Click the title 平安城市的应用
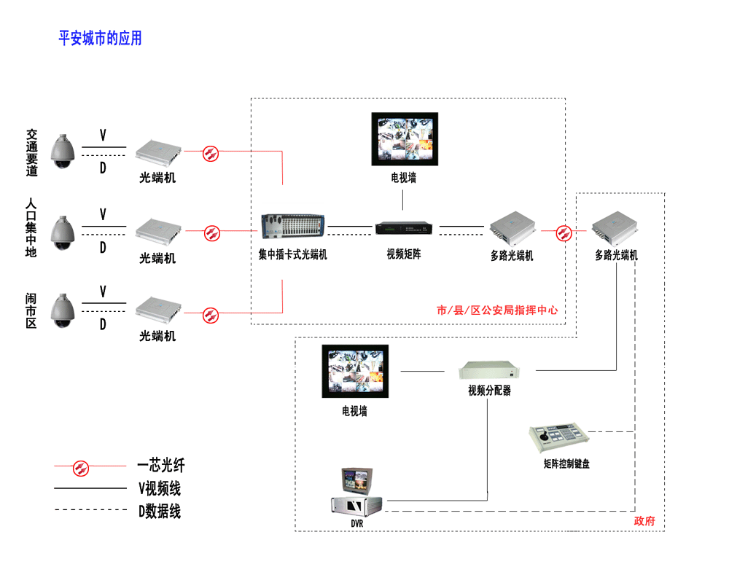pos(100,38)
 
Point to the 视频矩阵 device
pos(405,228)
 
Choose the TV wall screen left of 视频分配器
pos(354,372)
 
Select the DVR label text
pos(356,523)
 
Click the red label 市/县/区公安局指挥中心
pos(497,310)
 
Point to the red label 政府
pos(644,521)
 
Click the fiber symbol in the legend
pos(81,466)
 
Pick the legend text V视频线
pos(159,488)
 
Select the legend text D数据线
pos(159,512)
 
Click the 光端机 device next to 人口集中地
pos(158,230)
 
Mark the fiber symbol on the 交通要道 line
pos(211,152)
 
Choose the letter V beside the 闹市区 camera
pos(103,291)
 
